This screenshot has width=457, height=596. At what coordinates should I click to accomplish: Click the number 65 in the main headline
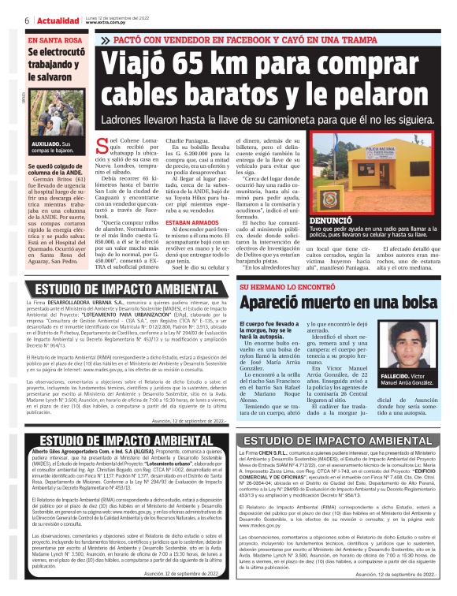pyautogui.click(x=200, y=65)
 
